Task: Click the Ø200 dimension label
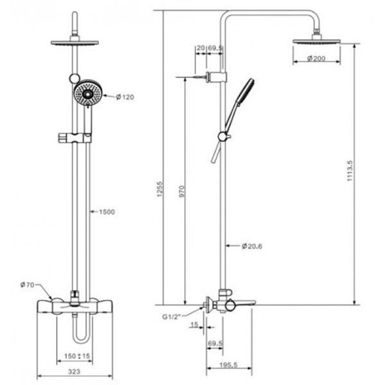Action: click(318, 58)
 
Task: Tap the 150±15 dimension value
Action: click(78, 355)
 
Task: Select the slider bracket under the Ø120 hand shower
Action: click(75, 137)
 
